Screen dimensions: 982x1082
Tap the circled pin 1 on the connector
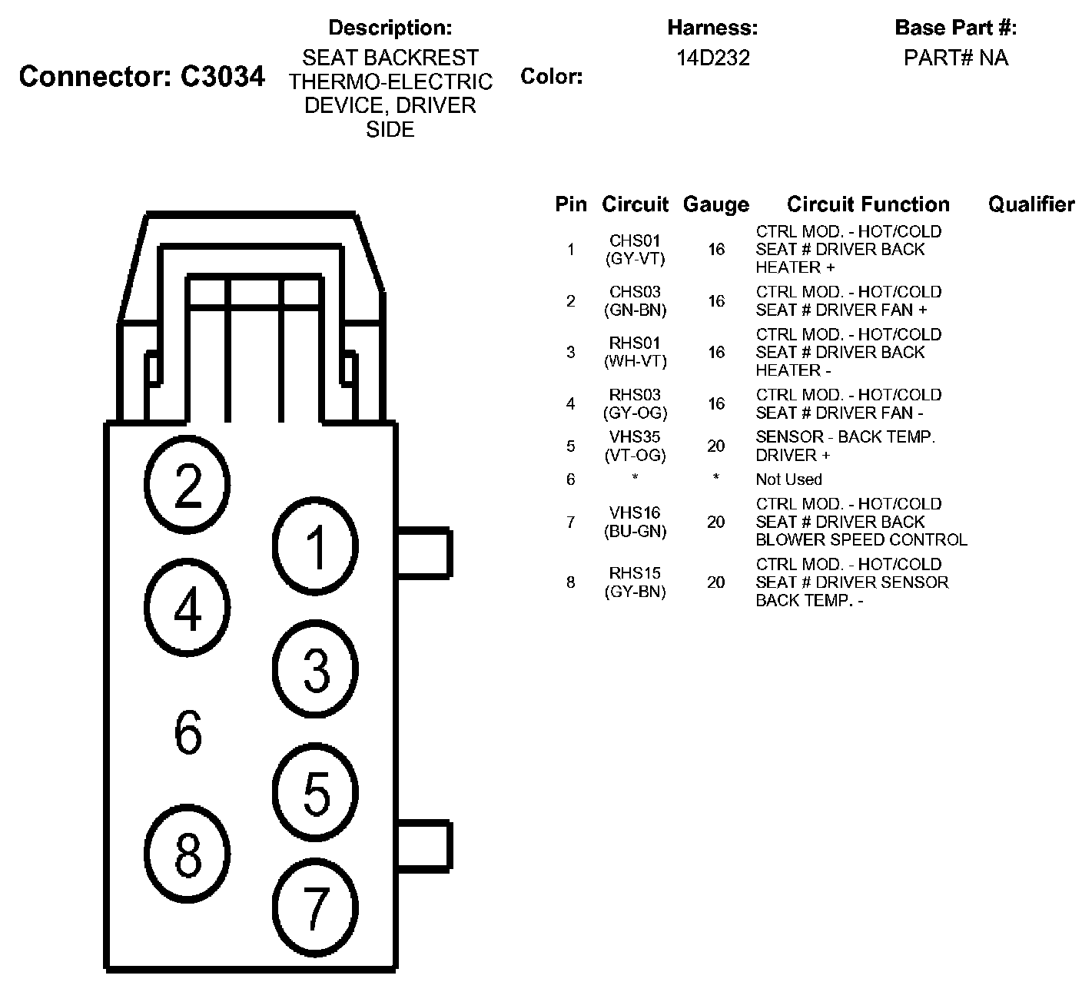316,546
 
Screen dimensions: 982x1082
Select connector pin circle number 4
188,609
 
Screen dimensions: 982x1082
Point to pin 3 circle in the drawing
316,668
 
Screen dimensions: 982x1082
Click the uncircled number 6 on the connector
188,732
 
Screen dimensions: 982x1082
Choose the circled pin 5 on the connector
316,792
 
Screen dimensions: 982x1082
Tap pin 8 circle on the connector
188,854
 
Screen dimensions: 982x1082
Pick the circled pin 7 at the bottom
316,907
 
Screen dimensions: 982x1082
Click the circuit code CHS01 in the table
635,241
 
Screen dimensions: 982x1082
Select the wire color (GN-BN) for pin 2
635,310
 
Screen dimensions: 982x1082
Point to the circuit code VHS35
635,437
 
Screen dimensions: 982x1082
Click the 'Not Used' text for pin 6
788,479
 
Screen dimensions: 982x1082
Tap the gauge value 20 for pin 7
715,523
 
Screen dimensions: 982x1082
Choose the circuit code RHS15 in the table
635,573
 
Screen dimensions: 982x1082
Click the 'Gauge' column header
715,205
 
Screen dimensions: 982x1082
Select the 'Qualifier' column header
1031,204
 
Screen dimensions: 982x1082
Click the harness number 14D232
712,58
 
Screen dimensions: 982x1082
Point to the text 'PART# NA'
955,58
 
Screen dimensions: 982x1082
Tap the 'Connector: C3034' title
142,76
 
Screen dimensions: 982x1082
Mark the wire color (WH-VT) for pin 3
635,361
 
